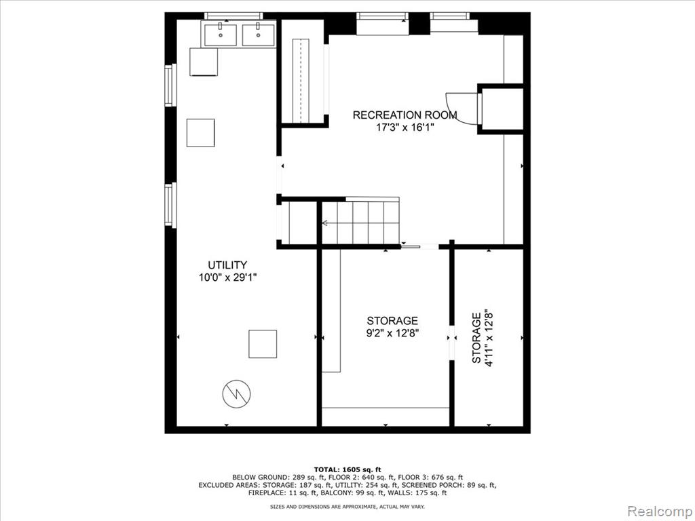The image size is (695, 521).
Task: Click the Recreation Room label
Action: (x=405, y=115)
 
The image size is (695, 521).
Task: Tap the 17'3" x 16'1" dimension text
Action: (x=405, y=128)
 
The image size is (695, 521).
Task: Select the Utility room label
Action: (x=227, y=265)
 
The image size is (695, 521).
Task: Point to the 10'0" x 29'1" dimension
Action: (x=228, y=277)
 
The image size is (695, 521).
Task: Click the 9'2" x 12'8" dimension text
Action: (x=392, y=332)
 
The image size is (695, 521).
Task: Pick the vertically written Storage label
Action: (x=476, y=338)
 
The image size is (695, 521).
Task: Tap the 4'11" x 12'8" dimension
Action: (x=489, y=338)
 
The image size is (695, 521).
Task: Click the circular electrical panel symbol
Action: (x=237, y=393)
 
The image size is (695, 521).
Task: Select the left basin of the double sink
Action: (x=221, y=35)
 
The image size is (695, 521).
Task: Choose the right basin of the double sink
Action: (x=258, y=35)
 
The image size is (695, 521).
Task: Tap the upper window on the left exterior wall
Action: (x=168, y=85)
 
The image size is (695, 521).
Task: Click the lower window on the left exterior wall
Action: (x=168, y=205)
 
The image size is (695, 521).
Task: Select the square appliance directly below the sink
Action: (x=204, y=62)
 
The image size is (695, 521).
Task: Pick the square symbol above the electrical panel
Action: (x=263, y=344)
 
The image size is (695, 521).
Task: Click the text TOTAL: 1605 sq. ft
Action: (x=347, y=469)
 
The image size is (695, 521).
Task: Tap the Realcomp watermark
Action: (x=660, y=511)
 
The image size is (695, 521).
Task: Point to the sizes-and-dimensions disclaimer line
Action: (x=347, y=506)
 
